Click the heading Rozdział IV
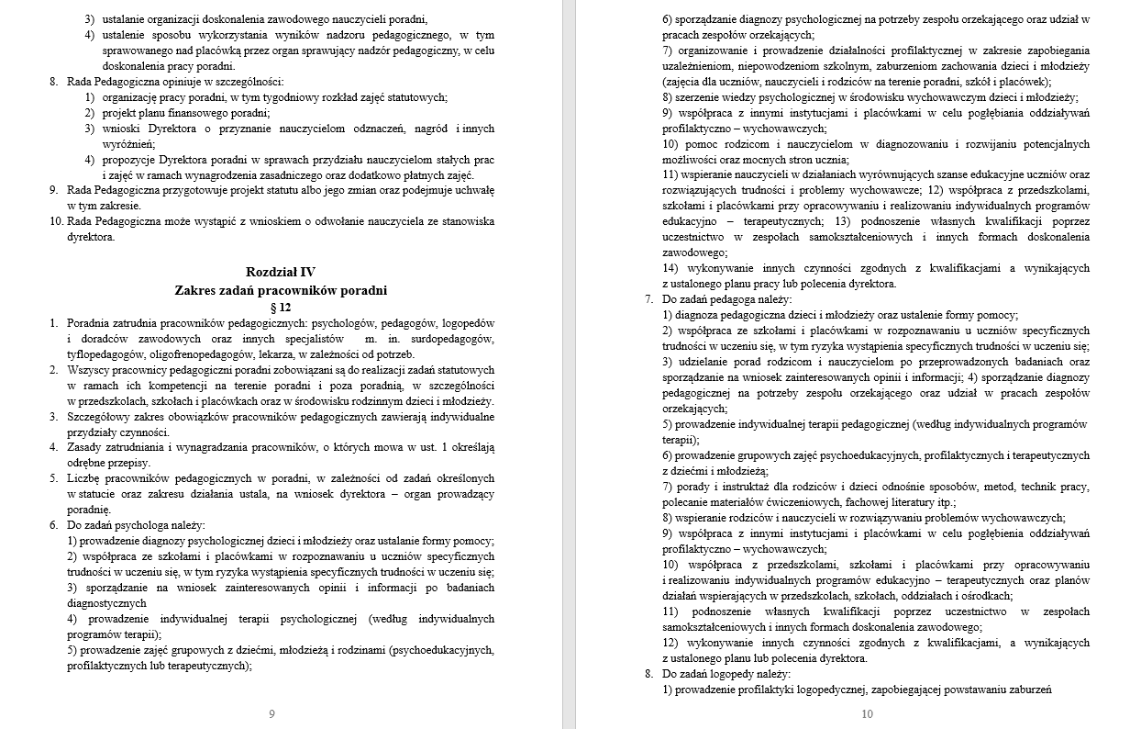[281, 272]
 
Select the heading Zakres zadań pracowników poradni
[281, 290]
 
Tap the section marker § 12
[281, 308]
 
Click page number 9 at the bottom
[271, 713]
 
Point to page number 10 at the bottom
[868, 713]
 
